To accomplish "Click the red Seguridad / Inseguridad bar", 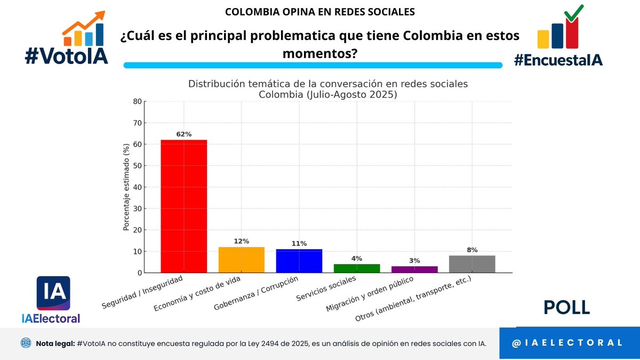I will coord(184,206).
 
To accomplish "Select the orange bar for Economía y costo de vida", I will coord(242,260).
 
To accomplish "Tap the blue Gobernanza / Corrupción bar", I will coord(299,261).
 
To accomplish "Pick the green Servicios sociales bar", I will coord(357,268).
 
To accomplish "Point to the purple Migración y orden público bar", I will coord(414,269).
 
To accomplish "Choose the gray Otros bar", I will coord(472,264).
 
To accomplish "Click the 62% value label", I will coord(184,134).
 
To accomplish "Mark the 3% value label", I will coord(414,261).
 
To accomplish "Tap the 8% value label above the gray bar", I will coord(472,250).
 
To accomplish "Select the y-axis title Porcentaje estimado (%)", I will coord(126,187).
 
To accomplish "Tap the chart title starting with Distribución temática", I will coord(327,89).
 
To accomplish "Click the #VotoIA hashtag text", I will coord(67,56).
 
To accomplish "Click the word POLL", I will coord(566,308).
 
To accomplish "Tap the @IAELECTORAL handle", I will coord(566,343).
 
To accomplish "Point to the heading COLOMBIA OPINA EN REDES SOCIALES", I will coord(320,11).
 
